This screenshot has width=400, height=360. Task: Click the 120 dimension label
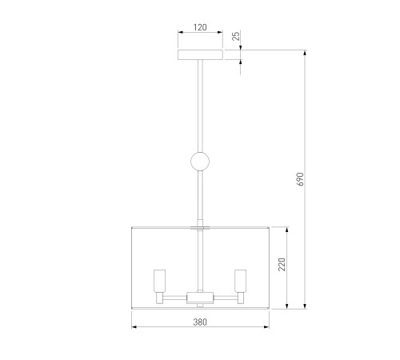click(x=200, y=27)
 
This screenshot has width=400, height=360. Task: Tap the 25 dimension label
click(x=236, y=36)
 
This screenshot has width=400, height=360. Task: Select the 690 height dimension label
click(x=300, y=179)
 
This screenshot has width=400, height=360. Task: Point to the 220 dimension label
click(x=282, y=264)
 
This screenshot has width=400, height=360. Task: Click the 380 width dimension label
click(x=200, y=322)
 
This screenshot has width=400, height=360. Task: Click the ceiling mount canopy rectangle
click(x=200, y=54)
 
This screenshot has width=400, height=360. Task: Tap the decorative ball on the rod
click(x=200, y=162)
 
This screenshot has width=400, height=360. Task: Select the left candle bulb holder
click(x=159, y=281)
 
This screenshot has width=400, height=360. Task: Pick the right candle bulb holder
click(x=240, y=281)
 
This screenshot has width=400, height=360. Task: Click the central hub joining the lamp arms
click(x=200, y=298)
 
